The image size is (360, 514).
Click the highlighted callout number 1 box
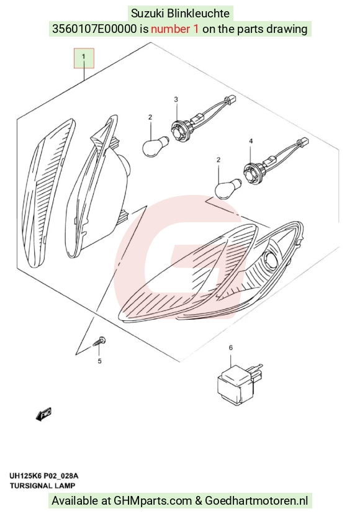click(x=84, y=58)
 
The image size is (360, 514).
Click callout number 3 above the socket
click(x=176, y=99)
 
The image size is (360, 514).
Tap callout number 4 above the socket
click(x=251, y=141)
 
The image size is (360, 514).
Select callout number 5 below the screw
click(x=100, y=361)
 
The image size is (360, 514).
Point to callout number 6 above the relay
click(x=231, y=348)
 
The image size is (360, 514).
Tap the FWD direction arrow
click(x=43, y=414)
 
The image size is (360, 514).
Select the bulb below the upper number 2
click(x=156, y=143)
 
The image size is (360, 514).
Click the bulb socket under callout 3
click(x=179, y=130)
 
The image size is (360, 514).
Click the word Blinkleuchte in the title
click(x=198, y=14)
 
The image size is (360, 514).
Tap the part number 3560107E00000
click(x=94, y=29)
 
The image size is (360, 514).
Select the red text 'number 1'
click(x=174, y=29)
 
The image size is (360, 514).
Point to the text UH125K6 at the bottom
click(x=25, y=476)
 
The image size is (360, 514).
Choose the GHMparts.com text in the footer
click(x=153, y=501)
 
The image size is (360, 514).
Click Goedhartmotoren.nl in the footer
click(x=256, y=501)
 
